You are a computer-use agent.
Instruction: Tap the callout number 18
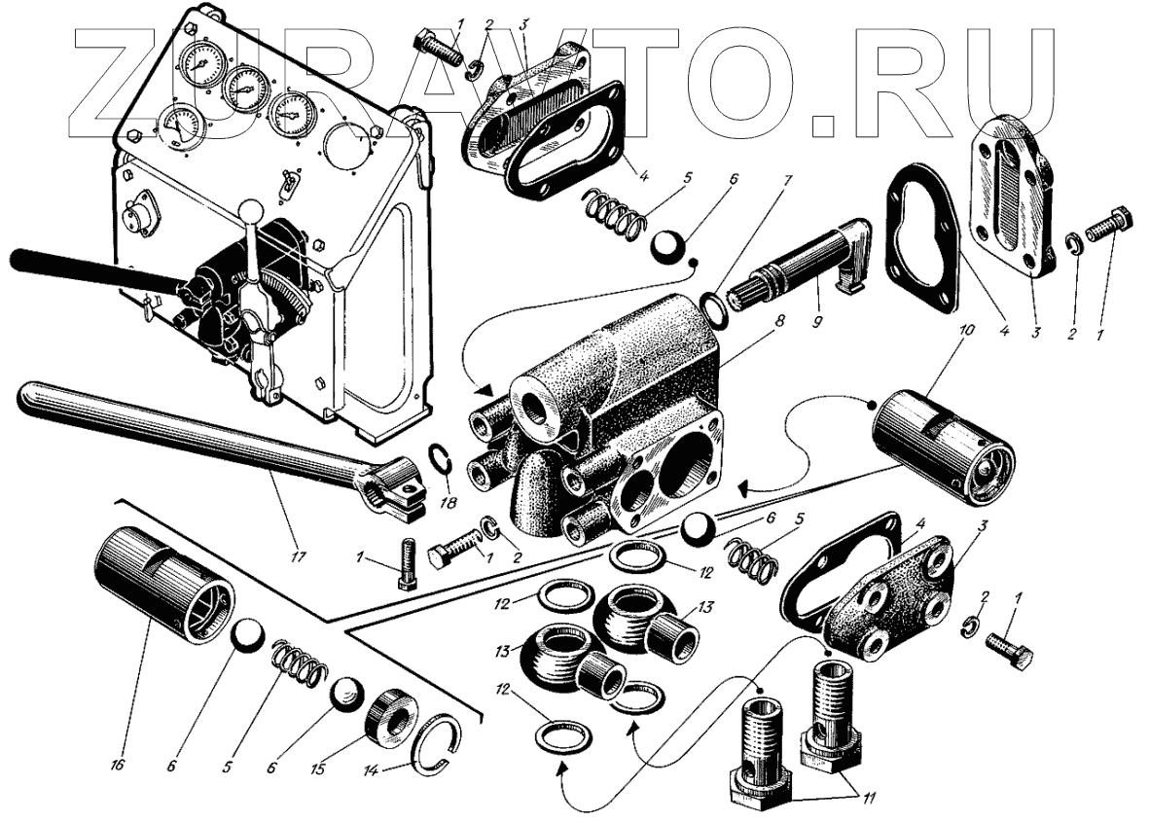[x=448, y=503]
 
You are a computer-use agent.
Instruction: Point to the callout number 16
[x=119, y=765]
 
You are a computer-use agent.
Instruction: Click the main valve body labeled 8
[x=595, y=426]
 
